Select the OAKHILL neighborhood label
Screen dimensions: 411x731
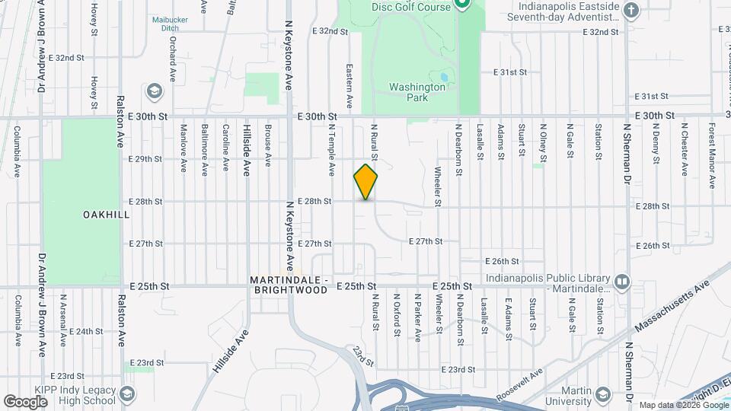click(106, 215)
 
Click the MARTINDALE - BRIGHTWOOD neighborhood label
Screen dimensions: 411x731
click(289, 285)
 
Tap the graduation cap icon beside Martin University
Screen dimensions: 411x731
click(604, 394)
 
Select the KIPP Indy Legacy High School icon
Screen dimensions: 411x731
click(127, 394)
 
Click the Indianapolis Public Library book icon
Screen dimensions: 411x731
click(622, 283)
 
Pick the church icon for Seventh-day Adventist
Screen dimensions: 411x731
click(630, 10)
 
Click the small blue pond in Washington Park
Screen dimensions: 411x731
click(442, 77)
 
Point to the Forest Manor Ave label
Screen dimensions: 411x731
click(713, 155)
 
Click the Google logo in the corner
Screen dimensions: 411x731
click(25, 401)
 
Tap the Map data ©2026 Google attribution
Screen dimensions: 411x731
click(682, 405)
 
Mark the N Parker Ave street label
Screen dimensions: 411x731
click(417, 317)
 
